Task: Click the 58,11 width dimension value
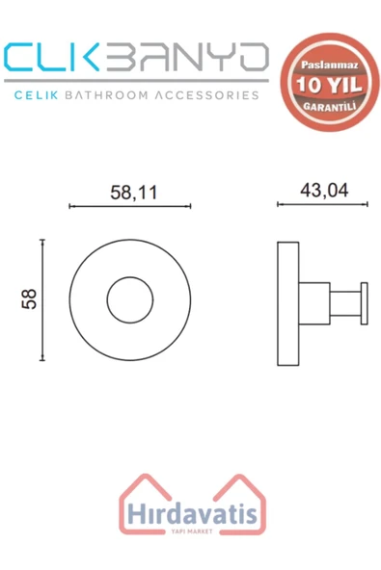[x=134, y=193]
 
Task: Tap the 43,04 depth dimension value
[x=324, y=191]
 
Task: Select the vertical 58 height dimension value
[x=29, y=299]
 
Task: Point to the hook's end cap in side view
[x=365, y=303]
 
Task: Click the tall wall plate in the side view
[x=288, y=303]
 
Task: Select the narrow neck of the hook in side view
[x=345, y=303]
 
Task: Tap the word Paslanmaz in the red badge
[x=330, y=65]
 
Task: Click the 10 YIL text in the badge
[x=329, y=85]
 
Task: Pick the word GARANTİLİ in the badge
[x=330, y=107]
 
